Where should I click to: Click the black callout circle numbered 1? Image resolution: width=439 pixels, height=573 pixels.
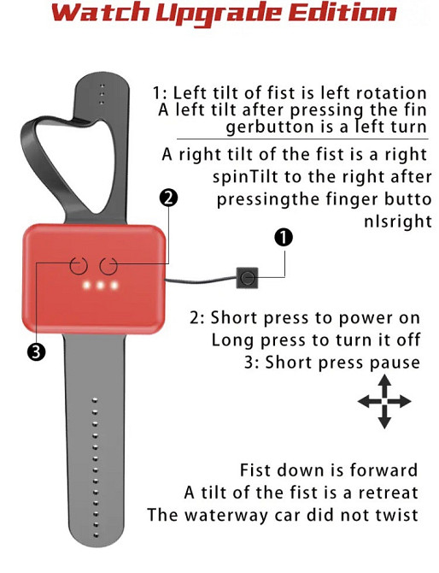[x=284, y=238]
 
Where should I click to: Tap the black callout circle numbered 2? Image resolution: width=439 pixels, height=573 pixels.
[x=168, y=198]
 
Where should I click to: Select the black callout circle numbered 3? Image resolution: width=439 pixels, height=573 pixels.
[x=36, y=351]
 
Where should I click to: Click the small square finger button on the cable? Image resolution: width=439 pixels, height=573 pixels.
[x=248, y=278]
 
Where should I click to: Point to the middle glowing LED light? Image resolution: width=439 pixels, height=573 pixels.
[x=100, y=285]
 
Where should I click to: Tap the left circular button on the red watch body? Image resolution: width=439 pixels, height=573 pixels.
[x=79, y=266]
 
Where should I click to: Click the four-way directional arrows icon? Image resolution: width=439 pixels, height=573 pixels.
[x=384, y=401]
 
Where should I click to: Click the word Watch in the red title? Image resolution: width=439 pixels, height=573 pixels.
[x=101, y=13]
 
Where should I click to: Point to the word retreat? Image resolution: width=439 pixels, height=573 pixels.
[x=388, y=493]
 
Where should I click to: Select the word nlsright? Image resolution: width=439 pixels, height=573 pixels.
[x=398, y=222]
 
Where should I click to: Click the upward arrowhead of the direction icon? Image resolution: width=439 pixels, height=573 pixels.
[x=384, y=380]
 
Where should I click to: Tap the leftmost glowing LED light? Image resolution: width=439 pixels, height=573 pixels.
[x=86, y=285]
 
